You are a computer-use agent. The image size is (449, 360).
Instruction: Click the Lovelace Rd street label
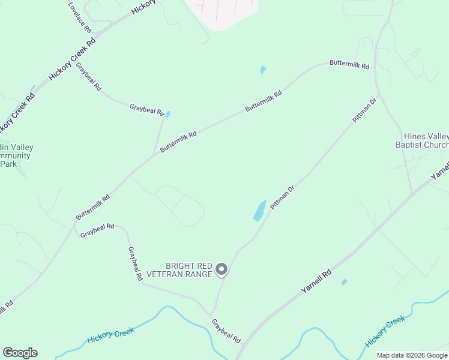click(79, 17)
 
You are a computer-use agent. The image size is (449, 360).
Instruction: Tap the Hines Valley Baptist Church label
click(422, 140)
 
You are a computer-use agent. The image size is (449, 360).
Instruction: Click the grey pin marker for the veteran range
click(221, 270)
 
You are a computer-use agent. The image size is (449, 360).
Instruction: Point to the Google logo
click(20, 353)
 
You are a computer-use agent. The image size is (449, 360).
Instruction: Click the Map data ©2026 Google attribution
click(412, 355)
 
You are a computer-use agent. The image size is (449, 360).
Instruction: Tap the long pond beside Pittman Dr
click(260, 211)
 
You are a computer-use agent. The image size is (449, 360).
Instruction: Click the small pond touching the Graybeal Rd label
click(167, 114)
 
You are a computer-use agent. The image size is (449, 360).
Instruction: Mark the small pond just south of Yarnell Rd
click(344, 281)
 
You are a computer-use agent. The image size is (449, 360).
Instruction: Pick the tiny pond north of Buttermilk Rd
click(263, 70)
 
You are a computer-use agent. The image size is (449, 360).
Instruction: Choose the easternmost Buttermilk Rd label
click(349, 64)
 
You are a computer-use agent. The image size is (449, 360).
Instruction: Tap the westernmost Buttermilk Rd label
click(92, 206)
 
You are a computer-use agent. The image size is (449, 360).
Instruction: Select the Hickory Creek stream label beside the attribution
click(385, 331)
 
